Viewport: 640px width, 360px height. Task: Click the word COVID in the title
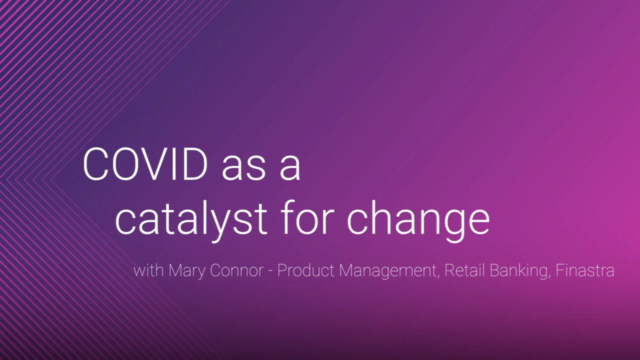click(145, 164)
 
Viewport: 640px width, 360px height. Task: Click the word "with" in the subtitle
click(148, 270)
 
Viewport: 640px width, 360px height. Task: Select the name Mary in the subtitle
click(187, 271)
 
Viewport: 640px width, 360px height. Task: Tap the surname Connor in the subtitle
click(236, 270)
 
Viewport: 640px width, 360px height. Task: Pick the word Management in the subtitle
click(387, 271)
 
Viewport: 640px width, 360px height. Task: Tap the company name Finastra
click(585, 270)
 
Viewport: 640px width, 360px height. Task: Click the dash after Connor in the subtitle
click(270, 271)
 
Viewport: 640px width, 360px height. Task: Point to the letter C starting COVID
click(96, 164)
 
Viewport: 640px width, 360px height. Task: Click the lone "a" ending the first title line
click(290, 168)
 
